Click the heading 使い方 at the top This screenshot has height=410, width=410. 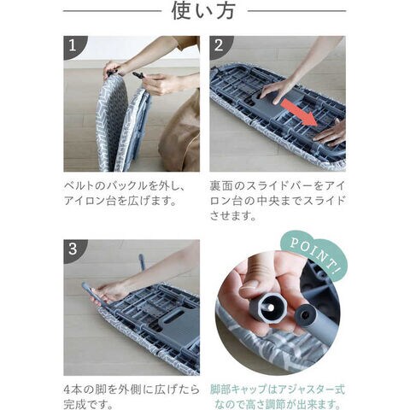(x=203, y=11)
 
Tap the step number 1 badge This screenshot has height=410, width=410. (x=73, y=45)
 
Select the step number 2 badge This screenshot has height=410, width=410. (x=219, y=45)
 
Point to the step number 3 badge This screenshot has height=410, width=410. (x=73, y=249)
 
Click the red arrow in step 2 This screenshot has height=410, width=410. (x=299, y=113)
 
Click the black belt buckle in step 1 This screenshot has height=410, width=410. (x=139, y=76)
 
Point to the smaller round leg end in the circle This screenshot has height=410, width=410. (x=305, y=314)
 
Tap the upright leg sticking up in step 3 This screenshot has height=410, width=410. (x=142, y=262)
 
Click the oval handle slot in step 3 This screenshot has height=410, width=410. (x=173, y=316)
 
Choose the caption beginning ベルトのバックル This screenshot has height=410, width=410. (x=125, y=194)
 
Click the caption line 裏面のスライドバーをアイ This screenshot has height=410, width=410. (x=278, y=186)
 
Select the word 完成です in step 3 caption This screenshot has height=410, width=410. (x=82, y=404)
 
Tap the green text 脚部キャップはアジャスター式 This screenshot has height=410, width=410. (x=278, y=389)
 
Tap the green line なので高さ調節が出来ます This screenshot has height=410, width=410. (x=278, y=404)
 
